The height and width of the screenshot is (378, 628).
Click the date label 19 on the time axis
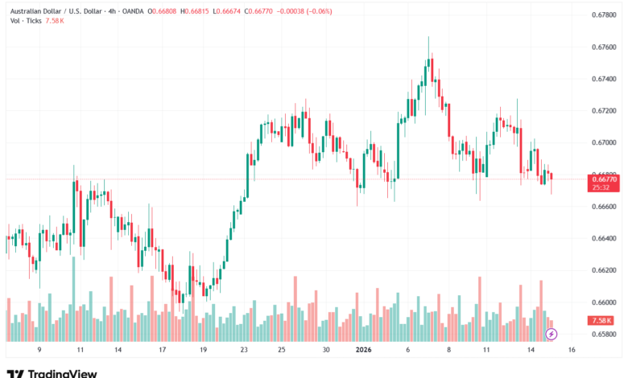pyautogui.click(x=203, y=351)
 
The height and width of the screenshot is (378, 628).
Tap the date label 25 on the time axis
pyautogui.click(x=282, y=351)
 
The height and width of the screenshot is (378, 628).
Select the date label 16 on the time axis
pyautogui.click(x=571, y=351)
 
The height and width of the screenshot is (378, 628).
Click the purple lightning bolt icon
pyautogui.click(x=551, y=333)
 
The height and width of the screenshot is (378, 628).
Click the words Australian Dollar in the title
pyautogui.click(x=35, y=11)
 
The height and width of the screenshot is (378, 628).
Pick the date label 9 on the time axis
pyautogui.click(x=39, y=351)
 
